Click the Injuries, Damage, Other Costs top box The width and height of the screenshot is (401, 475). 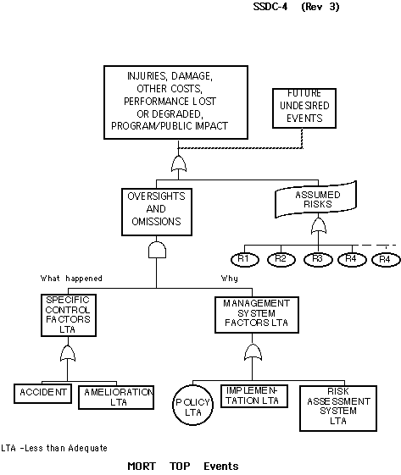tap(176, 102)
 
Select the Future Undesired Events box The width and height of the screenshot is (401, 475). tap(304, 108)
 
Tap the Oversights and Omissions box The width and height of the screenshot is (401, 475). tap(157, 212)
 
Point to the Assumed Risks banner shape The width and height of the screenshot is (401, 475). tap(315, 199)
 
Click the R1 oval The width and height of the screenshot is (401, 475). tap(245, 259)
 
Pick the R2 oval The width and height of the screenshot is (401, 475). tap(281, 259)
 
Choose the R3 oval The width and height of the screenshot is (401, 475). tap(318, 260)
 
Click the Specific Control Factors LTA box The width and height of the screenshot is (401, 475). tap(69, 315)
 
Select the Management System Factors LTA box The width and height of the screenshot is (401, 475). tap(257, 315)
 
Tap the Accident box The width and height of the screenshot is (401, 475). tap(42, 393)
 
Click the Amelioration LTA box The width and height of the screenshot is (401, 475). tap(116, 397)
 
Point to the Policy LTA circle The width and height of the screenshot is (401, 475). tap(193, 405)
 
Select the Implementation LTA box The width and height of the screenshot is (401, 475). tap(253, 396)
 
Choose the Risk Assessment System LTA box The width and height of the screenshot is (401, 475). tap(338, 408)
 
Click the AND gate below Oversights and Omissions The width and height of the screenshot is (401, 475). tap(157, 250)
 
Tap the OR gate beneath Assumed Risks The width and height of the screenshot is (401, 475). tap(319, 226)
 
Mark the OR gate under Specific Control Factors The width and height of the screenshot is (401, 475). tap(68, 353)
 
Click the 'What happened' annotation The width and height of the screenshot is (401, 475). tap(71, 278)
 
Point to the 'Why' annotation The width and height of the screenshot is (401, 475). tap(229, 279)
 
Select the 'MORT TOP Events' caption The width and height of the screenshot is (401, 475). tap(183, 466)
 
